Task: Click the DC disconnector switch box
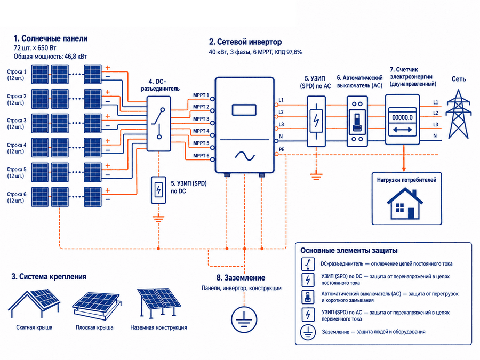(158, 124)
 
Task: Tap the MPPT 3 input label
(201, 119)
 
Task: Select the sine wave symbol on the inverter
(245, 156)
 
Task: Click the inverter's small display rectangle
(244, 110)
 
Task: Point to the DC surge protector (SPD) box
(158, 190)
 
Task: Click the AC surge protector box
(316, 121)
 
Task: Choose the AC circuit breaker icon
(357, 121)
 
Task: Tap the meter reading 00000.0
(402, 117)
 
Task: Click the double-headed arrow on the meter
(402, 130)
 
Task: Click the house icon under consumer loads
(405, 204)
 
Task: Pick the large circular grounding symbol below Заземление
(244, 319)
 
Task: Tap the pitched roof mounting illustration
(34, 303)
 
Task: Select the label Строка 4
(17, 145)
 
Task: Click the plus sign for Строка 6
(107, 190)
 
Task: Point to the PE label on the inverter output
(282, 149)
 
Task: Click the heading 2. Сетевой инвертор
(245, 42)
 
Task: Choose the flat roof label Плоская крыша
(94, 327)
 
